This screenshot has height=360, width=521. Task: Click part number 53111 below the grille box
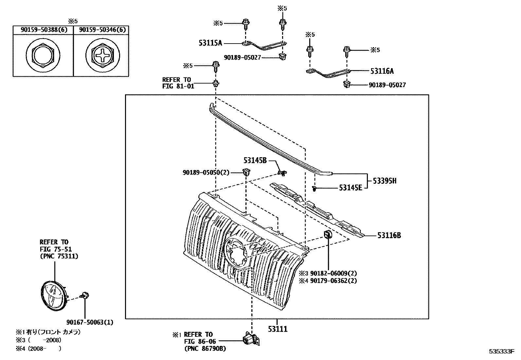point(278,329)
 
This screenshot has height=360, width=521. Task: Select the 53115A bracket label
point(210,43)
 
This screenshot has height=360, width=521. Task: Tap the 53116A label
point(382,71)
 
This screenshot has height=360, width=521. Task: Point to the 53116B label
point(389,235)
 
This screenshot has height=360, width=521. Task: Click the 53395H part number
point(385,180)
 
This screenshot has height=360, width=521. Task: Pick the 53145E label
point(350,188)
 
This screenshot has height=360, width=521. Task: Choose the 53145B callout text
point(255,161)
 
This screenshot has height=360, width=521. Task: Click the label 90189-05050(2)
point(206,172)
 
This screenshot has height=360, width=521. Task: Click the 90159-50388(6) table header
point(44,30)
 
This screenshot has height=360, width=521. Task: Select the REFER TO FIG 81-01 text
point(178,83)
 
